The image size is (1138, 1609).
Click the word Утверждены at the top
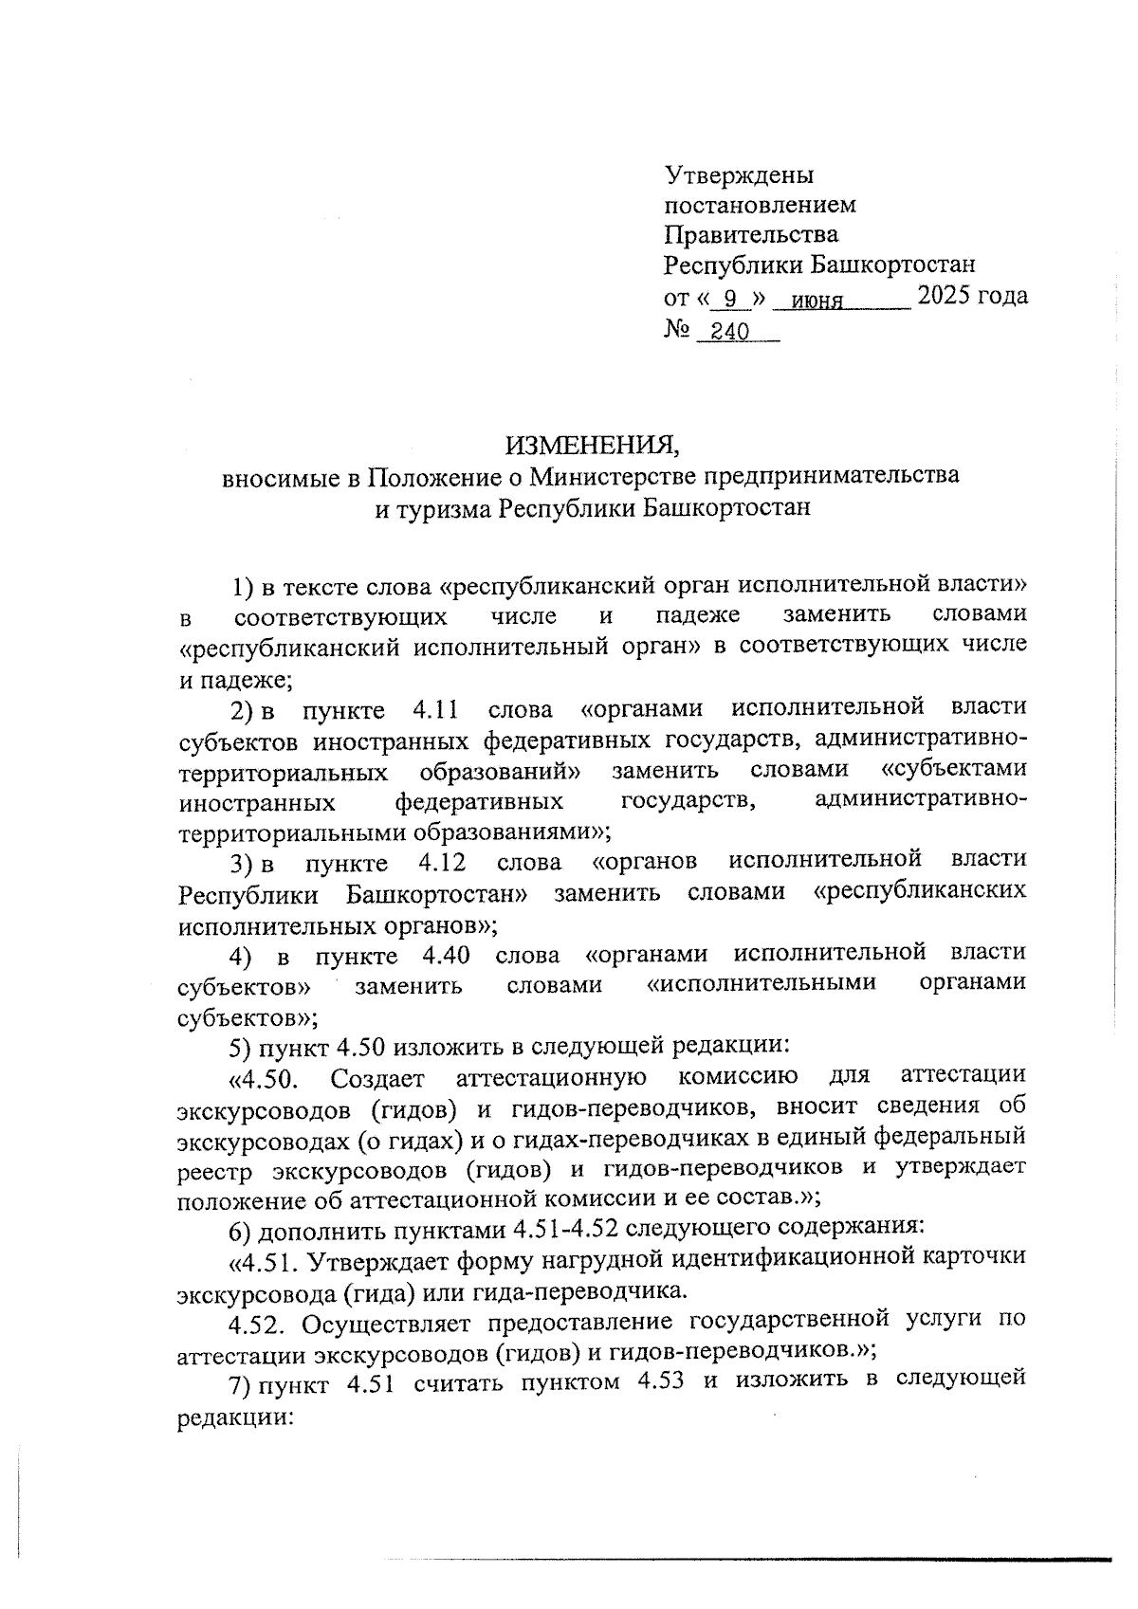coord(739,175)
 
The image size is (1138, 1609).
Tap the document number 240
coord(730,332)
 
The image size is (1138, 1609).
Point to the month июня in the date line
coord(817,301)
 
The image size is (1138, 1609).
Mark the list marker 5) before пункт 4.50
coord(241,1047)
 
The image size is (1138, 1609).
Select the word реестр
coord(216,1169)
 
